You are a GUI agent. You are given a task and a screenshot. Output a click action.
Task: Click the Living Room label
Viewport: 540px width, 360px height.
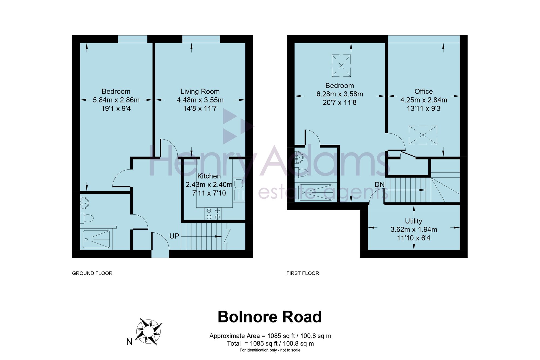coord(200,91)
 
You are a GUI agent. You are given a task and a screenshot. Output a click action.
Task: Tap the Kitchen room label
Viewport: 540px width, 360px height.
coord(209,176)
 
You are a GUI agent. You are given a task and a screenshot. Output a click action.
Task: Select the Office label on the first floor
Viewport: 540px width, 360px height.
coord(424,91)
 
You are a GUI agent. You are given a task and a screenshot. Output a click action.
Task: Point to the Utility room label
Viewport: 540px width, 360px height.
coord(414,221)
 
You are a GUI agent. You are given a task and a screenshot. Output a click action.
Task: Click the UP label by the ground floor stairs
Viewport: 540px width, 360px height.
coord(174,236)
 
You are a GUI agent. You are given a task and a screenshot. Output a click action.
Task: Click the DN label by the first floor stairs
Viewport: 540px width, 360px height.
coord(379,185)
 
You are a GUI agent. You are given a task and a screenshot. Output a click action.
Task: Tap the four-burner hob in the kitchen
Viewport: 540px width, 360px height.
coord(213,213)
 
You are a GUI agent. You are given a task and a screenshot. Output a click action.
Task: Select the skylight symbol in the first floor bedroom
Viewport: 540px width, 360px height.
coord(342,66)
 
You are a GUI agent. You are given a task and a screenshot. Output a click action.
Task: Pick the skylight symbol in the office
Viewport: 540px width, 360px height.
coord(423,135)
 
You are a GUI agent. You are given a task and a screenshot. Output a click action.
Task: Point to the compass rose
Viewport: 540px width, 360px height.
coord(149,331)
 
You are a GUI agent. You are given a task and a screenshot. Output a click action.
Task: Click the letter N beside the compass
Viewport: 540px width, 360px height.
coord(130,342)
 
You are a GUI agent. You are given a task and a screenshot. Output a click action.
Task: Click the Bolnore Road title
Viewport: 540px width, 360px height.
coord(270,317)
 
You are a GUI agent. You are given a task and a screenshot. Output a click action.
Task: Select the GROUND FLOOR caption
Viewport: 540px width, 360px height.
coord(92,273)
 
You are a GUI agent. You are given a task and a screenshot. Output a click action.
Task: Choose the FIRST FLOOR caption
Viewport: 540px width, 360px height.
coord(303,273)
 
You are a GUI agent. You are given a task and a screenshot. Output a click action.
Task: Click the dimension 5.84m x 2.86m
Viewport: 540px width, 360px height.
coord(116,100)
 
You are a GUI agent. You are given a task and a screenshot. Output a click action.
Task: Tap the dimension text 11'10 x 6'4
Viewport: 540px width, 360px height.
coord(414,238)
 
